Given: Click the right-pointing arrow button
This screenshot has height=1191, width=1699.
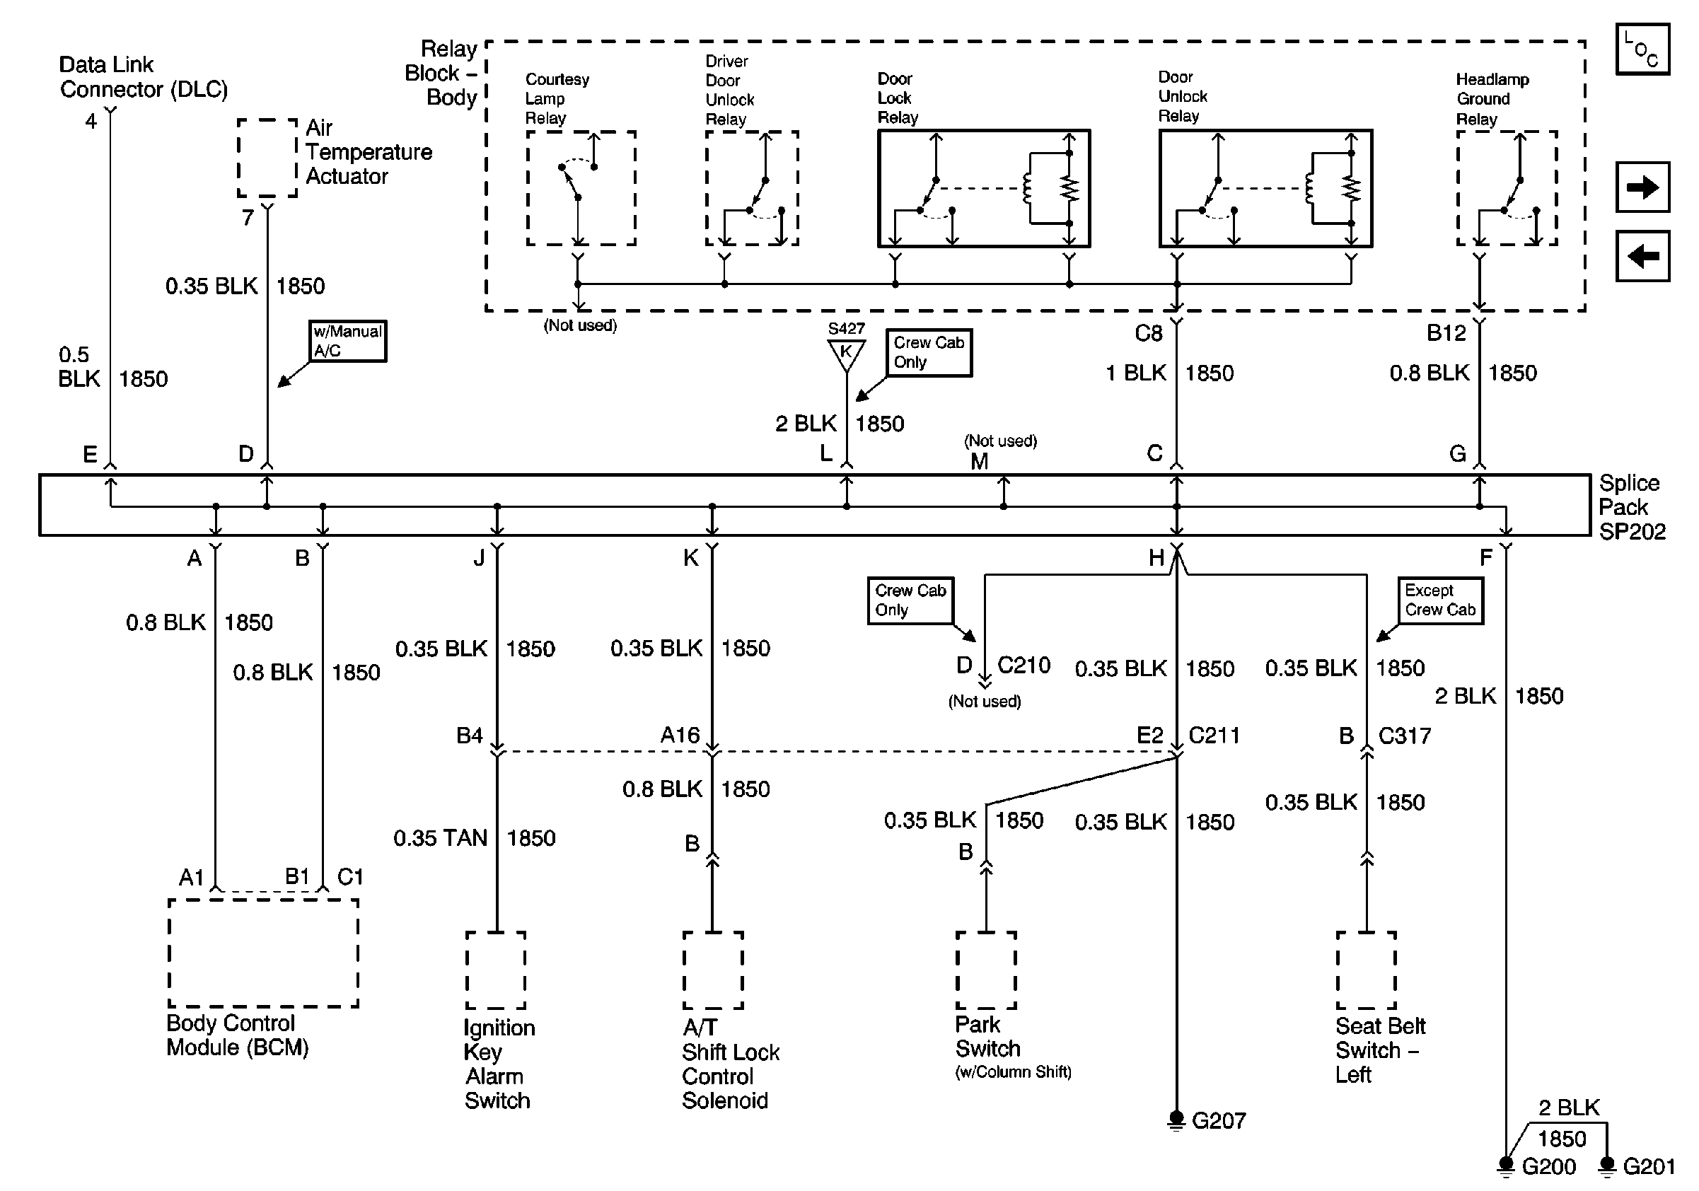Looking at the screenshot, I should pyautogui.click(x=1642, y=187).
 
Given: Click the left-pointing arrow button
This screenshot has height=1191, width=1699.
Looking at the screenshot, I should pyautogui.click(x=1642, y=256).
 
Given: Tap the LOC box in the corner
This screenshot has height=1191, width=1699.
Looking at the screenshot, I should pyautogui.click(x=1642, y=50).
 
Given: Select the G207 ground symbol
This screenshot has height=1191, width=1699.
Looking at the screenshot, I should pyautogui.click(x=1176, y=1120).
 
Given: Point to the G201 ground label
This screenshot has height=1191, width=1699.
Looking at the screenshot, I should pyautogui.click(x=1649, y=1166).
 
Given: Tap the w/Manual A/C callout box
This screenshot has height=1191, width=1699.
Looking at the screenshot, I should pyautogui.click(x=347, y=341).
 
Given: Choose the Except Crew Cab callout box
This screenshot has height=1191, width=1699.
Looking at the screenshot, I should pyautogui.click(x=1439, y=600).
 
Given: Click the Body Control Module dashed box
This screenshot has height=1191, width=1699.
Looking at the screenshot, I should pyautogui.click(x=262, y=953).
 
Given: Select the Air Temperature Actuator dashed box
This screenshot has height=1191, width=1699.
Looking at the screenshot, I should pyautogui.click(x=267, y=158).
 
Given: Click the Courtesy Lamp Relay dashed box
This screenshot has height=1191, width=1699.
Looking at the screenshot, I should pyautogui.click(x=581, y=188).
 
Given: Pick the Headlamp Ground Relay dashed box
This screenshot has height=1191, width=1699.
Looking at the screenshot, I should pyautogui.click(x=1507, y=188).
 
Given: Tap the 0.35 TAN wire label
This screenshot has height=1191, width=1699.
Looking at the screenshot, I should pyautogui.click(x=440, y=838).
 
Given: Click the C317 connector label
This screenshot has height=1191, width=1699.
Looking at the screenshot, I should pyautogui.click(x=1404, y=736).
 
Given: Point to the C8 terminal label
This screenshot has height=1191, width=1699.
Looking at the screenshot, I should pyautogui.click(x=1149, y=334).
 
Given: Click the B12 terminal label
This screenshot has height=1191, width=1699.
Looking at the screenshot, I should pyautogui.click(x=1446, y=334).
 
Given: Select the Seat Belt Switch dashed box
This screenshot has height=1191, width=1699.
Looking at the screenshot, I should pyautogui.click(x=1366, y=970).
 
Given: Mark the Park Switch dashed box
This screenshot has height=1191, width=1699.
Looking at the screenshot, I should pyautogui.click(x=985, y=970).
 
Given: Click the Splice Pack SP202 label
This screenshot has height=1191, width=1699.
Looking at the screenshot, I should pyautogui.click(x=1631, y=508).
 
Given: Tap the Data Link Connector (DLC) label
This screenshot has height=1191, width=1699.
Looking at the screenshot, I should pyautogui.click(x=143, y=77).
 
